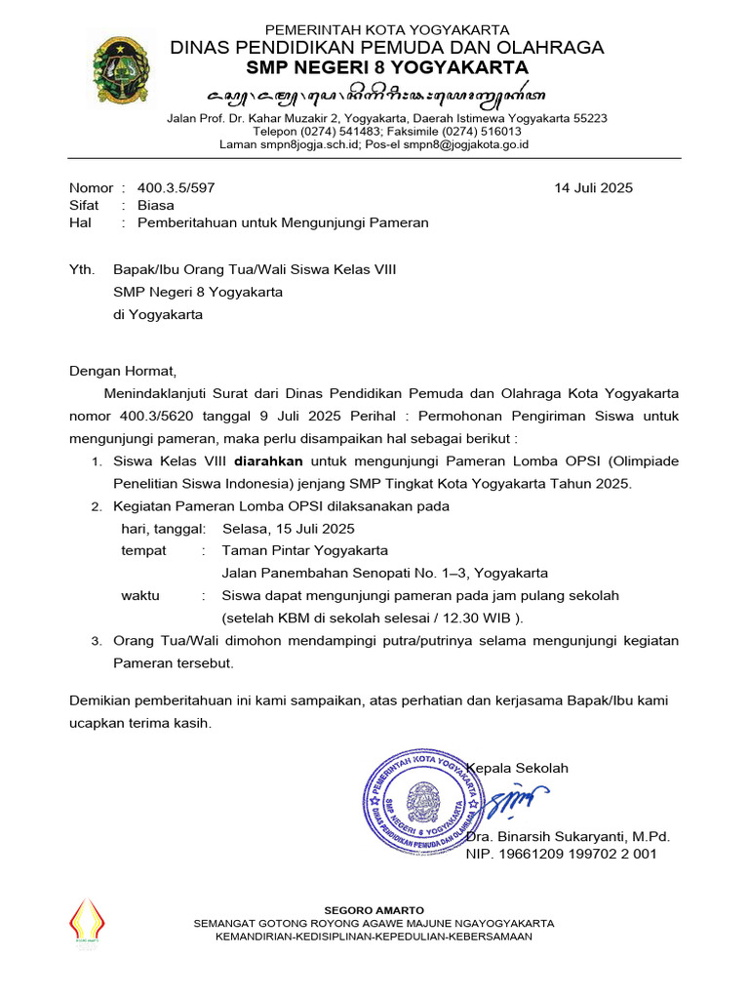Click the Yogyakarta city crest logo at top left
pyautogui.click(x=121, y=69)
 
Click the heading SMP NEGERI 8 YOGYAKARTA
pyautogui.click(x=387, y=67)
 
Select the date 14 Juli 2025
pyautogui.click(x=593, y=188)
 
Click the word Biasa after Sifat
pyautogui.click(x=156, y=205)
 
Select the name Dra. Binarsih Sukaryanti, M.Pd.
pyautogui.click(x=569, y=837)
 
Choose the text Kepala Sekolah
pyautogui.click(x=519, y=768)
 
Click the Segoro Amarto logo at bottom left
pyautogui.click(x=87, y=922)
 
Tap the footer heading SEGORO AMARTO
pyautogui.click(x=374, y=910)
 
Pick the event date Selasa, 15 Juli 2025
pyautogui.click(x=288, y=529)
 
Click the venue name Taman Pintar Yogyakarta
pyautogui.click(x=304, y=550)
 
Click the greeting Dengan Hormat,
pyautogui.click(x=123, y=371)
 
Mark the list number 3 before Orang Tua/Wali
pyautogui.click(x=96, y=641)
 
